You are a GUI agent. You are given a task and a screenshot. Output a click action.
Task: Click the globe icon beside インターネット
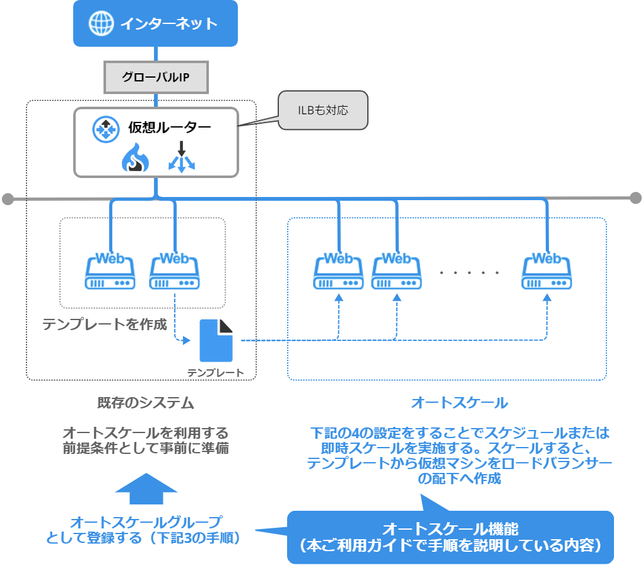click(x=100, y=24)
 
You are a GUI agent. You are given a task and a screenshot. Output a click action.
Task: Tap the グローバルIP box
click(x=155, y=78)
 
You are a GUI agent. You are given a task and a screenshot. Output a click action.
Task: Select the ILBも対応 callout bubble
click(x=322, y=110)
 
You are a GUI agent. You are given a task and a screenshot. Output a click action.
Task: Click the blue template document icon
click(x=216, y=341)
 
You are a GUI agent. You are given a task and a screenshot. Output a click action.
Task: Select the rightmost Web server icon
click(x=547, y=272)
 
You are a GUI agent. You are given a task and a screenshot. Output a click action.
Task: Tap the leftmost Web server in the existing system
click(x=110, y=272)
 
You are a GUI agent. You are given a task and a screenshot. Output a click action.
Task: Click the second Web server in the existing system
click(x=175, y=272)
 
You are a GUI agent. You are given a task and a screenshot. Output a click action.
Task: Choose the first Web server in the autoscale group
click(x=338, y=272)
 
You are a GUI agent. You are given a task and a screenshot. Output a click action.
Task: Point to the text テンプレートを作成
click(x=104, y=325)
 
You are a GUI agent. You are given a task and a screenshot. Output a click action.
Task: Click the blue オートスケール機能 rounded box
click(x=450, y=537)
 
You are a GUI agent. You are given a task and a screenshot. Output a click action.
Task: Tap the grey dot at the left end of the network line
click(x=8, y=200)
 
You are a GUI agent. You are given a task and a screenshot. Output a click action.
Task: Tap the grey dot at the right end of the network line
click(x=635, y=198)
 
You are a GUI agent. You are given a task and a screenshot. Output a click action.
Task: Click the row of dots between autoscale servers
click(x=469, y=273)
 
